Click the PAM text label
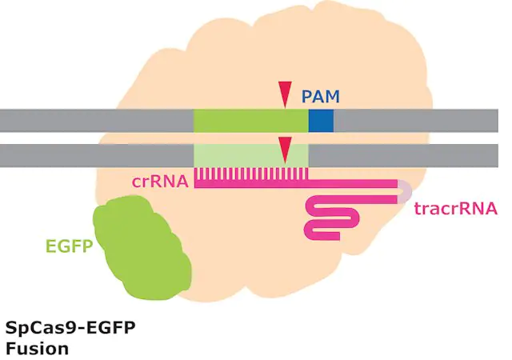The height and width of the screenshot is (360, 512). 320,96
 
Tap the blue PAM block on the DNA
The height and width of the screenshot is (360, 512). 321,121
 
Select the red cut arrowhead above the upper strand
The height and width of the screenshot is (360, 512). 285,94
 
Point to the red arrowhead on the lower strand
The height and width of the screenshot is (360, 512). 285,150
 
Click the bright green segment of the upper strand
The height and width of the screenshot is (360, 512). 251,121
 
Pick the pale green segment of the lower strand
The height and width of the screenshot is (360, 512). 251,155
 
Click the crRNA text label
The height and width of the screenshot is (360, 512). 160,182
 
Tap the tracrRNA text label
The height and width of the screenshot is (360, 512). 456,209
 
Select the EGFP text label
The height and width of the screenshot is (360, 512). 70,246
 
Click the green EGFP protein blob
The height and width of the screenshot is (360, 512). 142,248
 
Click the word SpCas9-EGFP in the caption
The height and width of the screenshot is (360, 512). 70,328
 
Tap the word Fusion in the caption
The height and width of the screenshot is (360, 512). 38,349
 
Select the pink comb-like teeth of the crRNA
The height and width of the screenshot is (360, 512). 251,174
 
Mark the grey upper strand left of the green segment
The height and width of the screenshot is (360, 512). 97,121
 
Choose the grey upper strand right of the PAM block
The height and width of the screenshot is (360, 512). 416,121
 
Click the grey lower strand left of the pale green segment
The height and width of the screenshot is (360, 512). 97,155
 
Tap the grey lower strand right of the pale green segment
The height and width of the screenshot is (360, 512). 403,155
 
